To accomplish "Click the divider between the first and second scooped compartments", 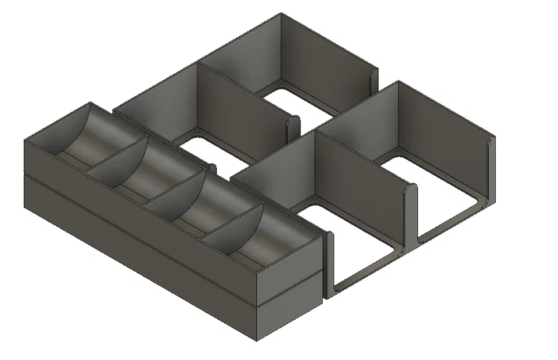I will [x=115, y=156].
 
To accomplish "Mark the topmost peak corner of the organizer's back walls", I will [x=281, y=14].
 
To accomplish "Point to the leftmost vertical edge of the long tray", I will [x=24, y=173].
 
